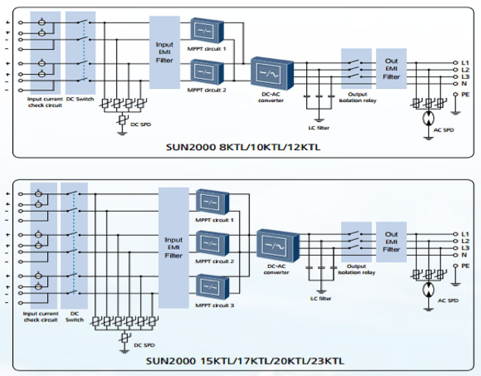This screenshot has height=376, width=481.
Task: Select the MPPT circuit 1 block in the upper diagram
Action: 207,30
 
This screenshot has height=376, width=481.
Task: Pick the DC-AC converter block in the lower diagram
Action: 277,245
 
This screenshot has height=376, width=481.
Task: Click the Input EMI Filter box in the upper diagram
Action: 164,52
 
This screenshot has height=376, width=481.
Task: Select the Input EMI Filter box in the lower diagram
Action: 174,248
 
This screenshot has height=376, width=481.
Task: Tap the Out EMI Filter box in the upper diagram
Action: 391,68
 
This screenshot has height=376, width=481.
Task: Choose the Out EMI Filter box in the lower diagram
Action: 391,242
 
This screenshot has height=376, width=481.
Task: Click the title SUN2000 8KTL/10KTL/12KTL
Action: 243,147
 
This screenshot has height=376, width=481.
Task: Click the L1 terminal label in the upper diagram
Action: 465,63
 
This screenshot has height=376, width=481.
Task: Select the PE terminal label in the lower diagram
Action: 466,266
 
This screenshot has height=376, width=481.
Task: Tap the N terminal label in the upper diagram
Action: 464,83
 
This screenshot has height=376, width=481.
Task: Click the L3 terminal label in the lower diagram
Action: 465,248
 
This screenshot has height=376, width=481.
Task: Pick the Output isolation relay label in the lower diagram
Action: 356,269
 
